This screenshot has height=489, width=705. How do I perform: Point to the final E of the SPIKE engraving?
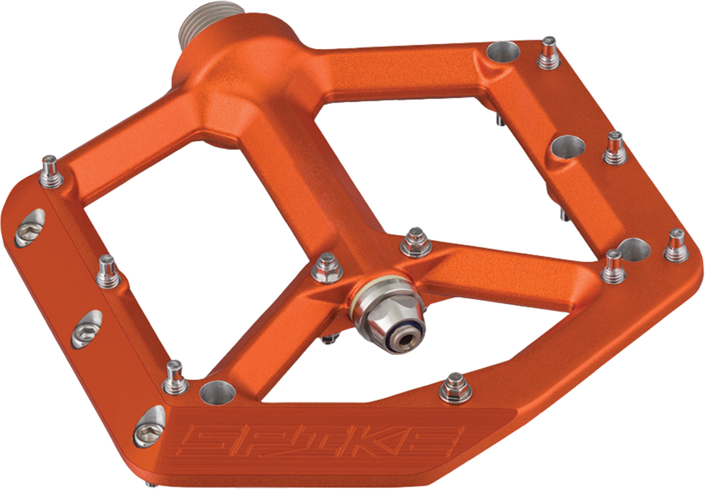[440, 440]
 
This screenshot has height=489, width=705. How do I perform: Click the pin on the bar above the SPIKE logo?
[456, 389]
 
